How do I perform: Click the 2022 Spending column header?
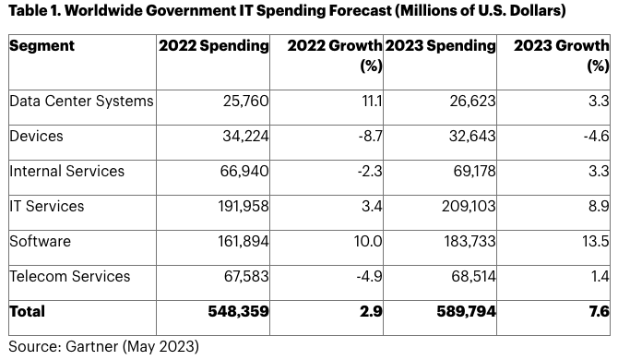tap(214, 46)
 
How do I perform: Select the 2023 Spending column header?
tap(440, 46)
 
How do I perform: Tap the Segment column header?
tap(42, 46)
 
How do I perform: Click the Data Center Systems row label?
tap(81, 102)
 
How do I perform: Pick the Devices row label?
tap(36, 136)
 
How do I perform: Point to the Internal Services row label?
tap(67, 171)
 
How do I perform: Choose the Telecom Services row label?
tap(70, 276)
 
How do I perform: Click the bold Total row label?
tap(27, 311)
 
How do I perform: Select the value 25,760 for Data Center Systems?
tap(246, 102)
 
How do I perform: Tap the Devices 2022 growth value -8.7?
tap(370, 136)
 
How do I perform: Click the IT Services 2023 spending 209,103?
tap(469, 206)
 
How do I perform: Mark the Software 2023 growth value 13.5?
tap(596, 241)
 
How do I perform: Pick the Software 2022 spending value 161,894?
tap(244, 241)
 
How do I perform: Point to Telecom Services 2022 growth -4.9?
tap(369, 276)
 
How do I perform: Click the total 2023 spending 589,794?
tap(466, 311)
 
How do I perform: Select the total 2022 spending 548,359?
tap(239, 311)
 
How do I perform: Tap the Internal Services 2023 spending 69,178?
tap(474, 171)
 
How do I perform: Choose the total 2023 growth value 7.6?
tap(599, 311)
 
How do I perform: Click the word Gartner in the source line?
tap(92, 346)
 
